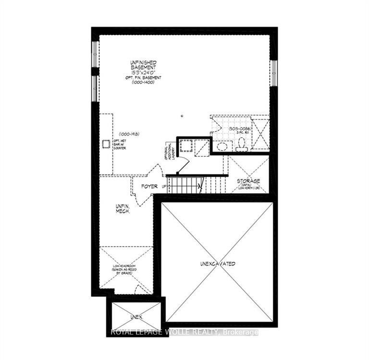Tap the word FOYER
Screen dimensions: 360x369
150,186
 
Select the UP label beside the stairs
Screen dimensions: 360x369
164,186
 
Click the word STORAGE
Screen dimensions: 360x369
248,181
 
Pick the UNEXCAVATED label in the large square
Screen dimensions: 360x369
218,264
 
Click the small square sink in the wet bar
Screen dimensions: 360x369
106,143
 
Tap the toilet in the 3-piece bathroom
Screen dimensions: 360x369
241,144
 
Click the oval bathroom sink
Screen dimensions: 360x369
222,147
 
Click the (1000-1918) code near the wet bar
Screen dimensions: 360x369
129,134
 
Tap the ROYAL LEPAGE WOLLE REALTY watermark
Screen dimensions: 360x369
185,332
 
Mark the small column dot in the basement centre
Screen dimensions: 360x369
182,116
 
